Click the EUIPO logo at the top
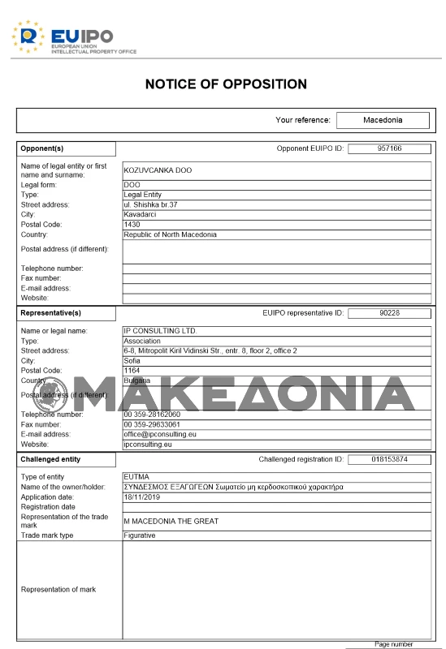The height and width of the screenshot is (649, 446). click(73, 37)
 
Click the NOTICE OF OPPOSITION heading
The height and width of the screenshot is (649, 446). click(226, 84)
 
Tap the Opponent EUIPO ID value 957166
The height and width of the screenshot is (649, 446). click(389, 148)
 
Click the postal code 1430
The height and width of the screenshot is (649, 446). click(132, 225)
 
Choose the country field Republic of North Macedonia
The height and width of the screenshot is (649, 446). click(171, 234)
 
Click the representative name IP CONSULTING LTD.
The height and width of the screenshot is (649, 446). click(160, 331)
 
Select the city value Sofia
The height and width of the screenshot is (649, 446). click(132, 360)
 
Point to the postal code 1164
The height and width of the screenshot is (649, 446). click(132, 370)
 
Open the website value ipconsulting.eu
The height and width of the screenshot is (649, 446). click(147, 445)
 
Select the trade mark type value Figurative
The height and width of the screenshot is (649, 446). click(140, 535)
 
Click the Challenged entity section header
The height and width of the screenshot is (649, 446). click(50, 459)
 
